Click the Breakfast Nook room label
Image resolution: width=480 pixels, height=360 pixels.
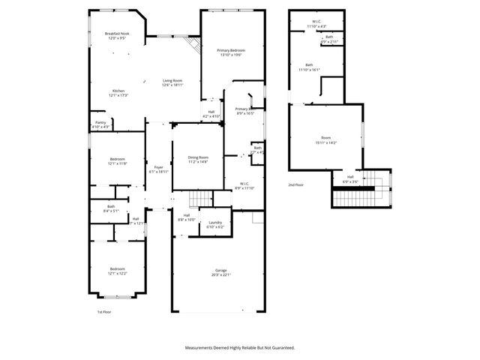click(x=116, y=33)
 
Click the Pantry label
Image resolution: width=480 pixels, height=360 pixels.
click(x=100, y=122)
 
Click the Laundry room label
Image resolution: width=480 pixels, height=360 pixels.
click(x=214, y=222)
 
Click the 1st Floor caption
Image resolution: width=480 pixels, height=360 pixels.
click(x=103, y=312)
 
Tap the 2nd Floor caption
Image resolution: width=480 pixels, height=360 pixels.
click(x=295, y=184)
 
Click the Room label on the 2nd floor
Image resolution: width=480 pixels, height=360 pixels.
click(x=325, y=137)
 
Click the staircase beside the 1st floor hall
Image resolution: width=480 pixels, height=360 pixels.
click(x=199, y=199)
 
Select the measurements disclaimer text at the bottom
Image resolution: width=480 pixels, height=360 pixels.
click(x=240, y=347)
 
